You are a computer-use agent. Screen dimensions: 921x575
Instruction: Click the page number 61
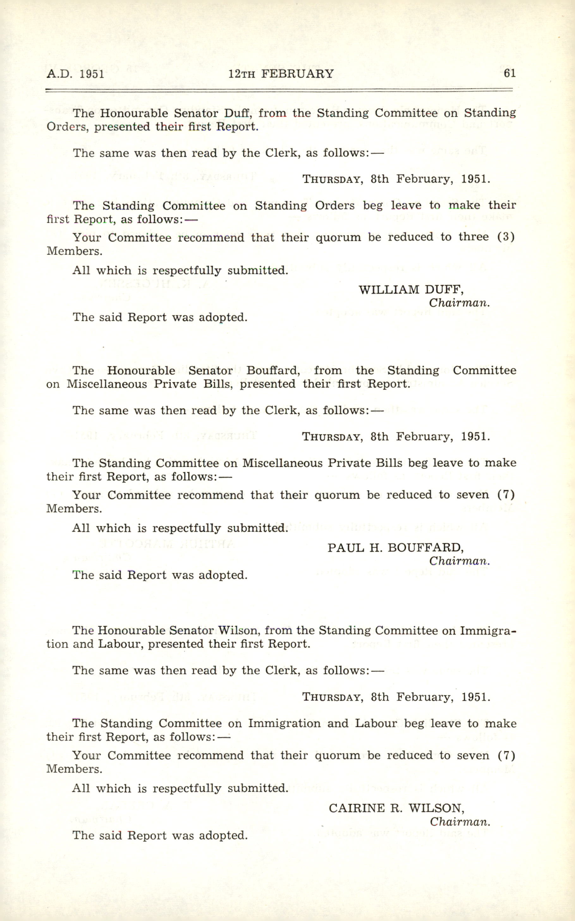tap(510, 73)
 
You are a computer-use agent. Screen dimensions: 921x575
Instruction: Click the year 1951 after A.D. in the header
tap(92, 74)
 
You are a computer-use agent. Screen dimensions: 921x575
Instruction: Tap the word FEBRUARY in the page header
tap(297, 73)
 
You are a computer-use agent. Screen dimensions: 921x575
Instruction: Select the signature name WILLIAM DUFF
tap(411, 290)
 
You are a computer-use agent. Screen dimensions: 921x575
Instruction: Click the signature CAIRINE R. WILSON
tap(396, 808)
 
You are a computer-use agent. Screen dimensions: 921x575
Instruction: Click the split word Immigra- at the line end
tap(488, 630)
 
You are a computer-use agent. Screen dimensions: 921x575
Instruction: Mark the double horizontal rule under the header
tap(279, 90)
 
